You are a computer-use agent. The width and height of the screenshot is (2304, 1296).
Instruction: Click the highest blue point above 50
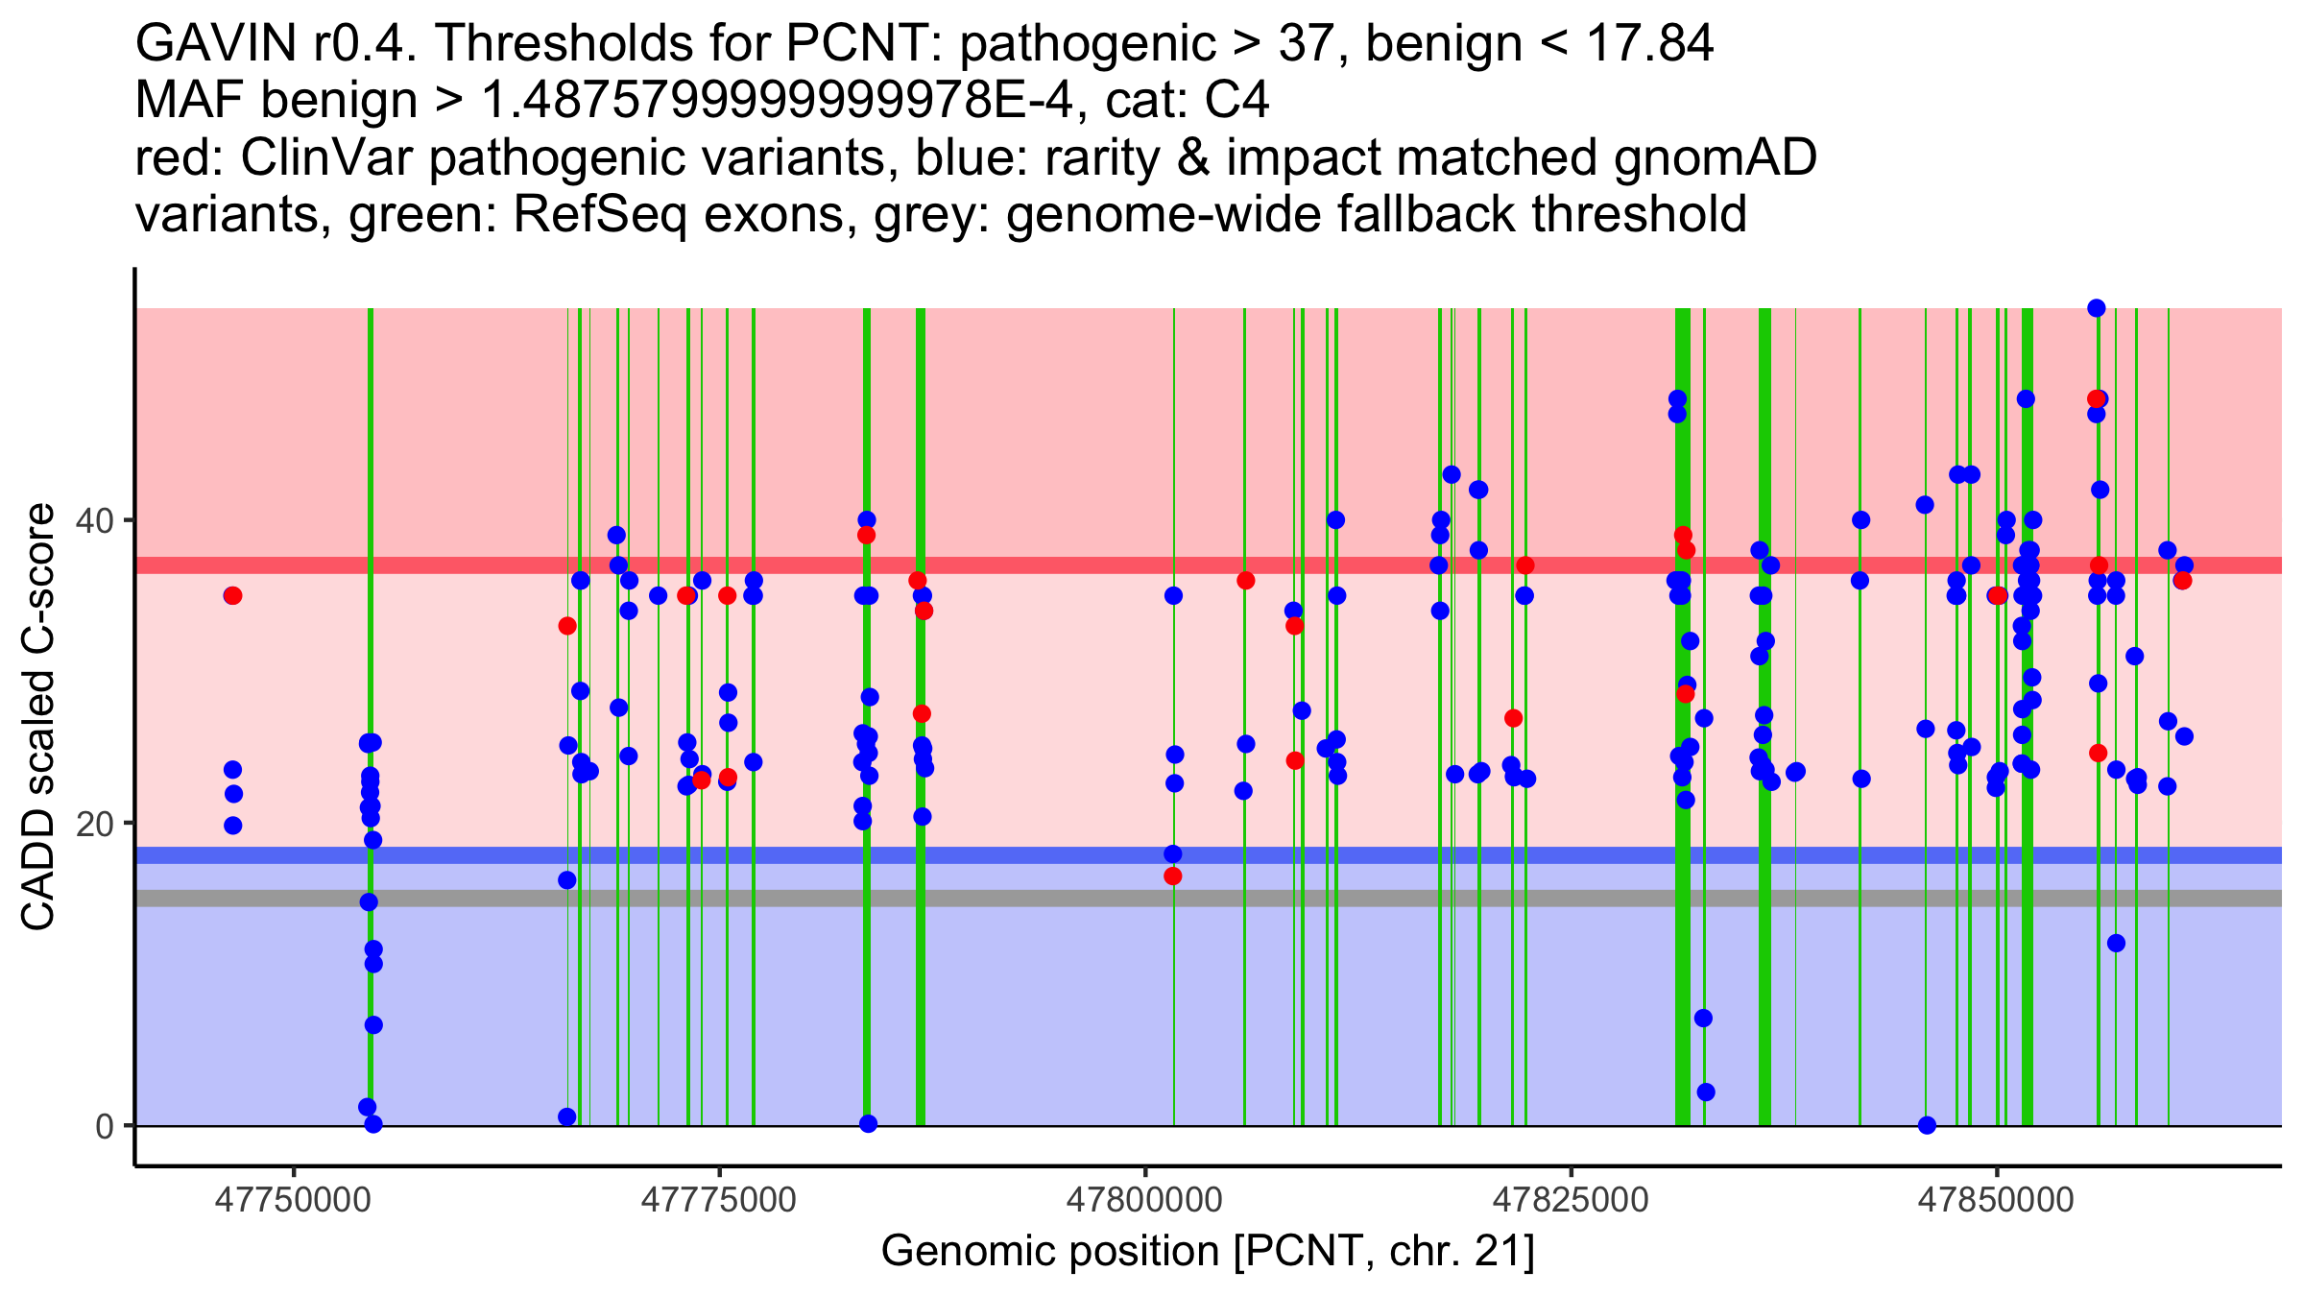click(2097, 308)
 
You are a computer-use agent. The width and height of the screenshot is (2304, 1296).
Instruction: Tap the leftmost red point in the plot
click(232, 596)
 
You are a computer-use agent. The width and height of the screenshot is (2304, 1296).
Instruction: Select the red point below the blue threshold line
click(1173, 876)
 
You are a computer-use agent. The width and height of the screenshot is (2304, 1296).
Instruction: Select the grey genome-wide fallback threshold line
click(960, 899)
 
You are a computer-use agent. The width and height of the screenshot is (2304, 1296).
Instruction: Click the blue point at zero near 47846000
click(1927, 1125)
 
